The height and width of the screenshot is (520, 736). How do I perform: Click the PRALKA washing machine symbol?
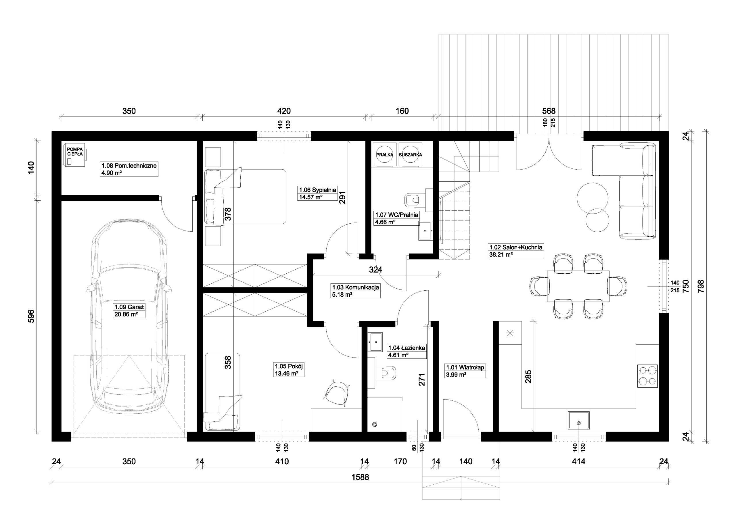(x=385, y=155)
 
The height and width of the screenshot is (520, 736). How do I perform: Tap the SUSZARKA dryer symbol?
(x=410, y=155)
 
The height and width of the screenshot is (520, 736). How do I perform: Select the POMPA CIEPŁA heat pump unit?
(x=75, y=155)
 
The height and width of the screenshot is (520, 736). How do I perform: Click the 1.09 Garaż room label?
(x=129, y=311)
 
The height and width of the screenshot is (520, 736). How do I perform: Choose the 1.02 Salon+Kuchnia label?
(x=516, y=251)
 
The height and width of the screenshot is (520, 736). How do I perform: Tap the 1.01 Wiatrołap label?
(x=465, y=371)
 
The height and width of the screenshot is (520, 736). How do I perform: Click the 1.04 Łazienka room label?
(x=407, y=351)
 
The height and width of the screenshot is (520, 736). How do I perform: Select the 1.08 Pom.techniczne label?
(x=129, y=169)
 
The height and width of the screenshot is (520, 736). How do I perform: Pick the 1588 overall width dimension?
(x=360, y=477)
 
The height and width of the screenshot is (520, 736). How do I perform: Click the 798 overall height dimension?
(x=701, y=286)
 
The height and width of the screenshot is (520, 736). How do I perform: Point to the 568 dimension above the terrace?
(x=549, y=111)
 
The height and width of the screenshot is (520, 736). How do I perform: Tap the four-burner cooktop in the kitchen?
(x=647, y=376)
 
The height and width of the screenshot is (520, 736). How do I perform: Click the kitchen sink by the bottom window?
(x=579, y=420)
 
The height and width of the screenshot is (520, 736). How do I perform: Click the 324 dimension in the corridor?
(x=375, y=270)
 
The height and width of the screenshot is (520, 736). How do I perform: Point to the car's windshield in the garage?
(x=129, y=284)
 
